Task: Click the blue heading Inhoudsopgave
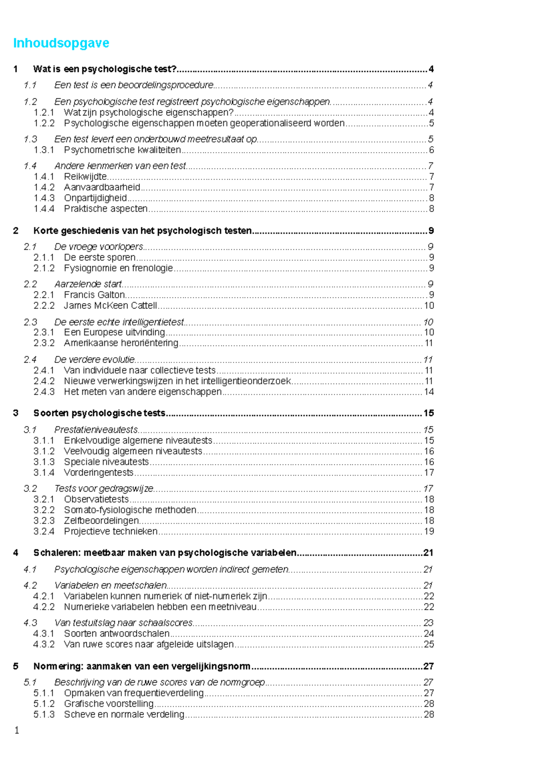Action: tap(61, 43)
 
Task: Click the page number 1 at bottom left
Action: tap(17, 730)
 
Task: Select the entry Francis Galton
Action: tap(94, 295)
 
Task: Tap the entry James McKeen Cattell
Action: tap(110, 305)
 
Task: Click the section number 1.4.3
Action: tap(44, 198)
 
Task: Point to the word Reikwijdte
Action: tap(86, 177)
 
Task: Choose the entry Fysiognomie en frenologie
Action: tap(118, 268)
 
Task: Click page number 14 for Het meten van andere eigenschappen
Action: tap(429, 392)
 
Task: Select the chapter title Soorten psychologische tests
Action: tap(99, 413)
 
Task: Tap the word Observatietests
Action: tap(96, 499)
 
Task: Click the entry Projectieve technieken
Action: tap(110, 531)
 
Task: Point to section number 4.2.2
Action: tap(44, 607)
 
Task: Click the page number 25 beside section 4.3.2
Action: tap(429, 644)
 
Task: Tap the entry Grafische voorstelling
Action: tap(109, 704)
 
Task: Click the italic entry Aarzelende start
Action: tap(88, 284)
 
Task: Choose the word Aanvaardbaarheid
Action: tap(102, 187)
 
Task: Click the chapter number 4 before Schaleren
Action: tap(16, 553)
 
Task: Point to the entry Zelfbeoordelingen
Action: tap(101, 521)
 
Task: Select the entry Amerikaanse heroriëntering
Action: tap(121, 343)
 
